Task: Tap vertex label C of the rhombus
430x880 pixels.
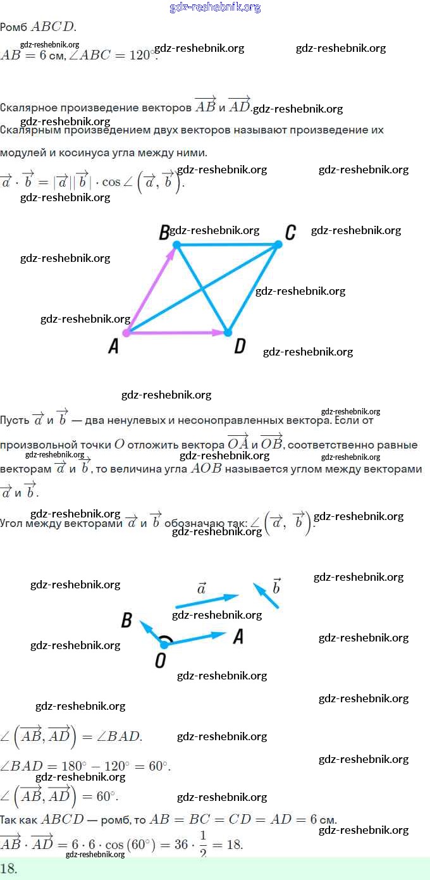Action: click(290, 232)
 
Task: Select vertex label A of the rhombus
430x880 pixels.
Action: click(114, 346)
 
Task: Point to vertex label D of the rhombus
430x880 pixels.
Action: click(240, 346)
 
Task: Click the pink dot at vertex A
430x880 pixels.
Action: click(126, 332)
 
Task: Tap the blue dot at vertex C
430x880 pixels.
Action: click(278, 244)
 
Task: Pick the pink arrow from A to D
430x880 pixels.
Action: click(177, 332)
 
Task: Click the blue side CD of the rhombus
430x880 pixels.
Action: click(253, 288)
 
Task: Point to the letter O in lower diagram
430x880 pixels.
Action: click(161, 660)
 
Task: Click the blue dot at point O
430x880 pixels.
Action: click(164, 644)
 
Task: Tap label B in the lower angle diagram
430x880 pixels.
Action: click(126, 621)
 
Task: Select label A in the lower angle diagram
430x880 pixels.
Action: click(238, 636)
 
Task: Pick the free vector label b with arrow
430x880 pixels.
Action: click(276, 586)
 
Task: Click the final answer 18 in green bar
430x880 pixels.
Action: click(9, 868)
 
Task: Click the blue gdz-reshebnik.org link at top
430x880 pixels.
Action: click(215, 7)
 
